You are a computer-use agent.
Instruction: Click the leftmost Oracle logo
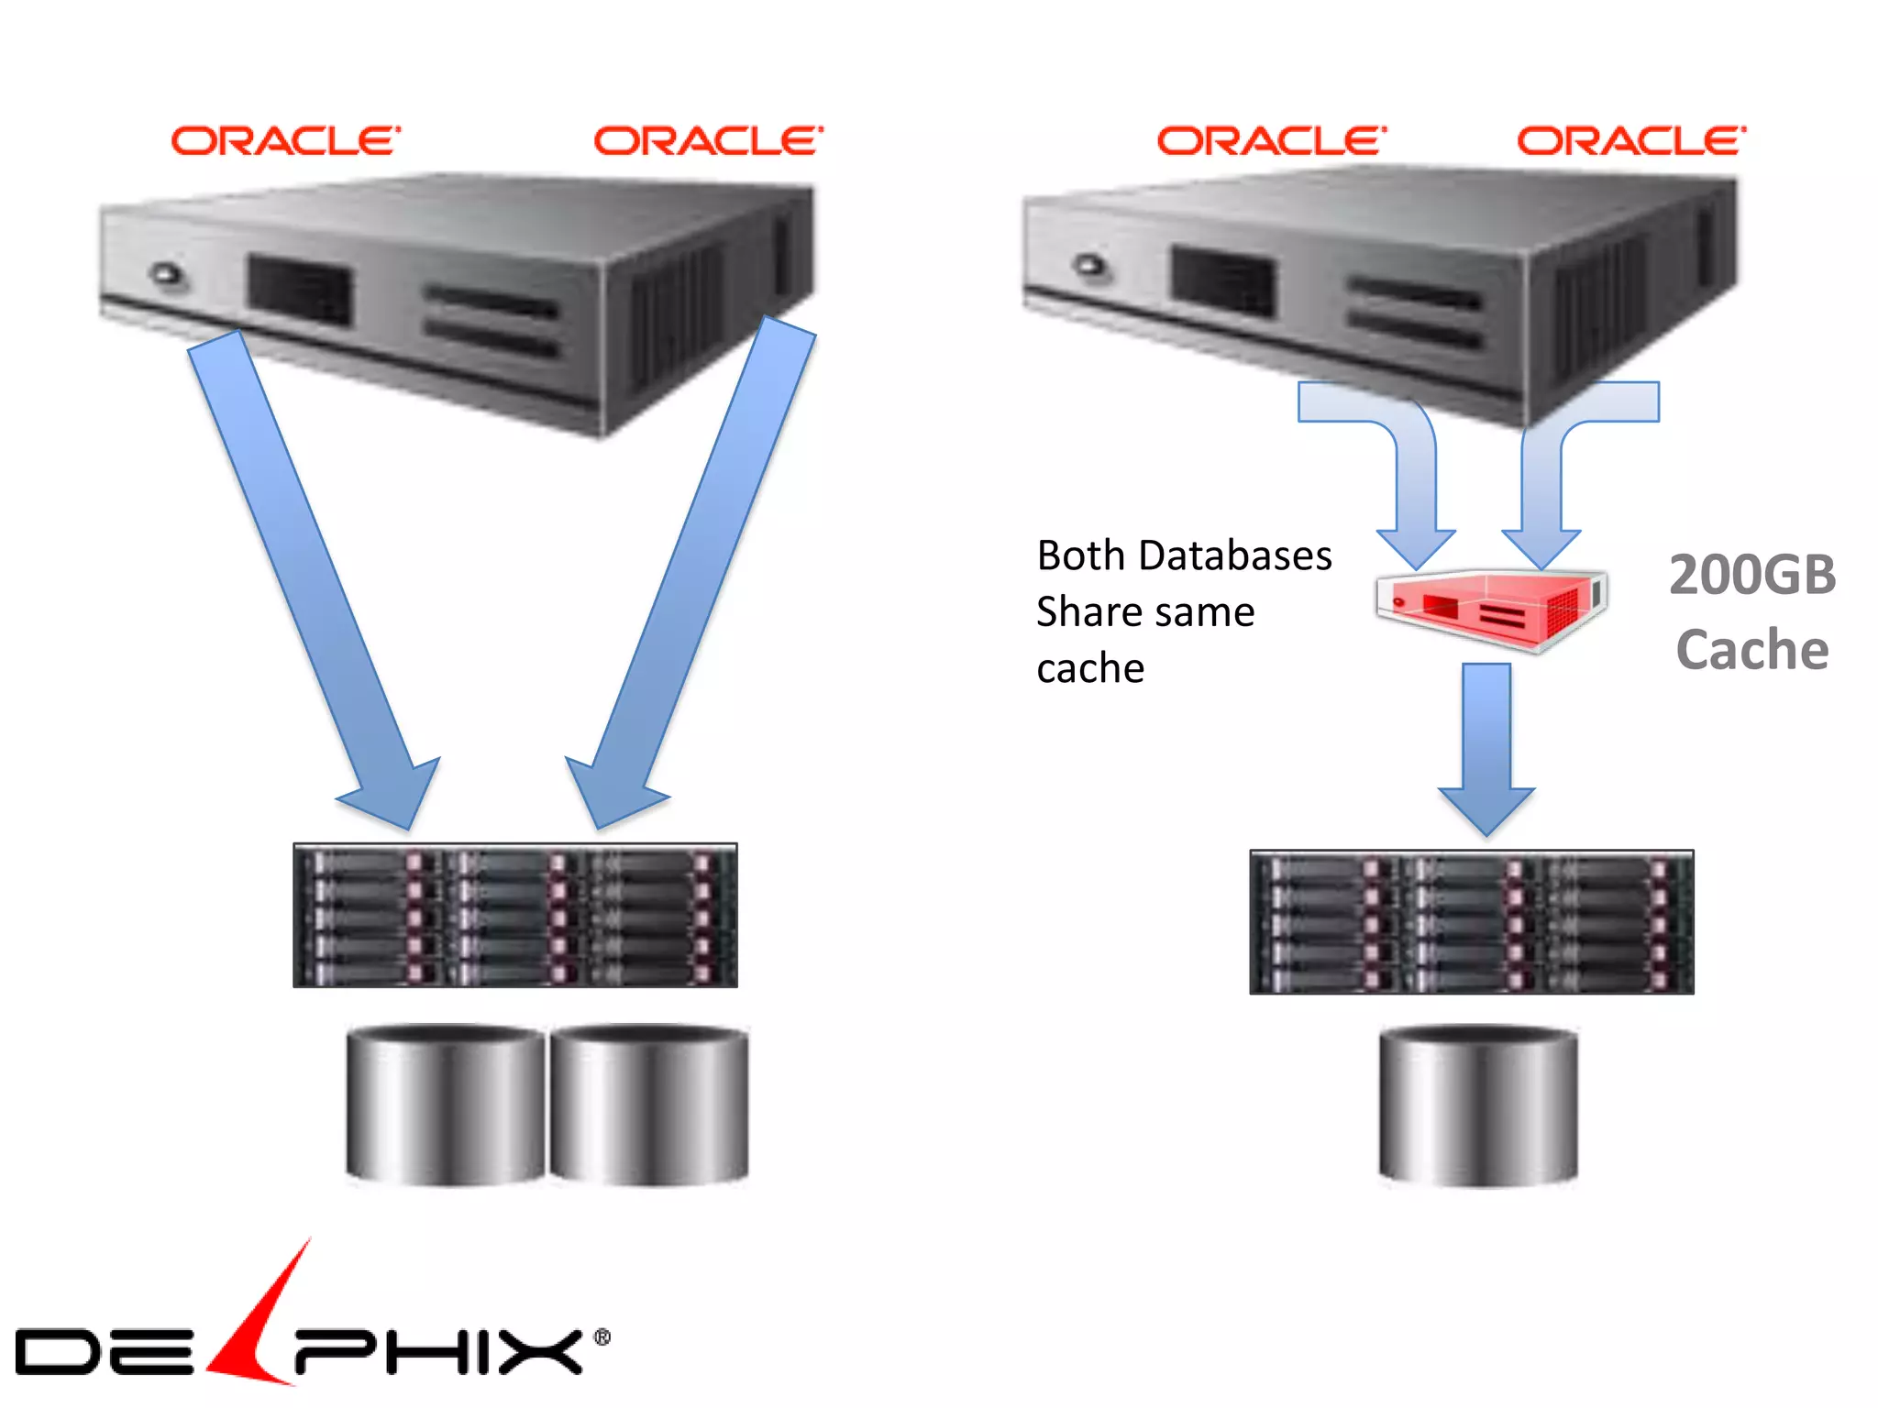click(285, 141)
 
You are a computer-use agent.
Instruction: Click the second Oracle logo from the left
click(708, 141)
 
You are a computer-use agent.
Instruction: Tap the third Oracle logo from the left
click(1271, 141)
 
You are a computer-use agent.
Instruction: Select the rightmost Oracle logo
click(1630, 141)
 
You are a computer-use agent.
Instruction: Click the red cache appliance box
click(1490, 609)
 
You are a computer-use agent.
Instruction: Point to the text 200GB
click(1752, 576)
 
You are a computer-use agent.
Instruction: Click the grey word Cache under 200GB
click(1752, 651)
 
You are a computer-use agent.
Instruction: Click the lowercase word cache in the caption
click(1090, 668)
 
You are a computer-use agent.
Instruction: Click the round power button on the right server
click(1090, 266)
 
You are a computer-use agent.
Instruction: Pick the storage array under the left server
click(514, 915)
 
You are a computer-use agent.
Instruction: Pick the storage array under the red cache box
click(1471, 922)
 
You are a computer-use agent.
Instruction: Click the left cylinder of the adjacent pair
click(446, 1105)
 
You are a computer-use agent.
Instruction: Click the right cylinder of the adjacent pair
click(649, 1105)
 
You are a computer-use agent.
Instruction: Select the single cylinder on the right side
click(1478, 1106)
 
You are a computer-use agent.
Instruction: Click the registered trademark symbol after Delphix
click(602, 1337)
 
